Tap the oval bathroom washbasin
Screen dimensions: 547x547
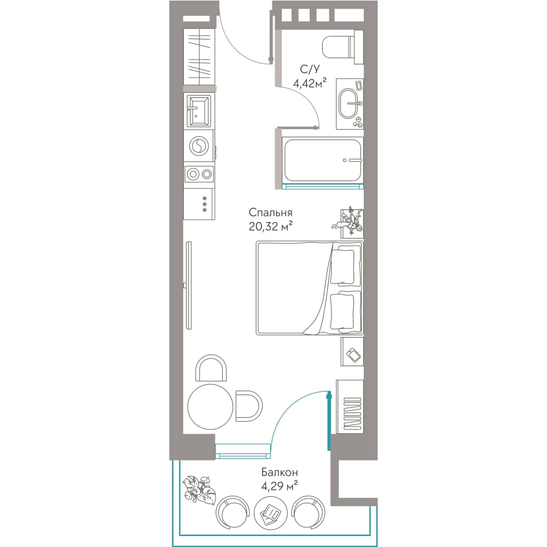[x=349, y=103]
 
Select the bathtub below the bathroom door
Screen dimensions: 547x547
[x=323, y=160]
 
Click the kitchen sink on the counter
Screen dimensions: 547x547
[x=199, y=111]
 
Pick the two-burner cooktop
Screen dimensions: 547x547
[x=199, y=174]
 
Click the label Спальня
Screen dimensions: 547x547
[x=270, y=213]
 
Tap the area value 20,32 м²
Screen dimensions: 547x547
[x=270, y=227]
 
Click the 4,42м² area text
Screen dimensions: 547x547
[x=310, y=84]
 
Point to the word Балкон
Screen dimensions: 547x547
[x=280, y=473]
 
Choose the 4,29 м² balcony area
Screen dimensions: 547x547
[x=280, y=485]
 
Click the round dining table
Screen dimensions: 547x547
[x=210, y=407]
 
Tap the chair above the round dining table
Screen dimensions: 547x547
[x=211, y=368]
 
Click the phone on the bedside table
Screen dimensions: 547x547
[x=354, y=356]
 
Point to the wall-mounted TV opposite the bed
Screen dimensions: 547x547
[x=189, y=286]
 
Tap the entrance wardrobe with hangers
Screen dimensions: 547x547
[x=199, y=55]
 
